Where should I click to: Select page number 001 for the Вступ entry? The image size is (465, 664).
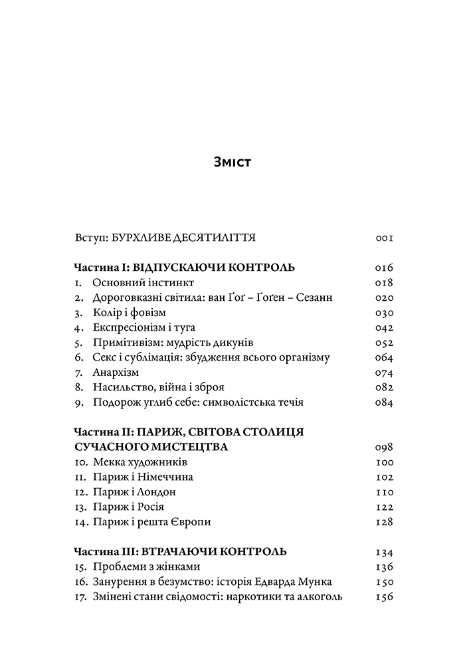pos(384,237)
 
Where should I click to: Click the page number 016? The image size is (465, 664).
pos(384,268)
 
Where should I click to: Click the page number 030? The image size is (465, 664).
pos(384,313)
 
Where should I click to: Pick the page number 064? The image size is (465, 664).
pos(384,358)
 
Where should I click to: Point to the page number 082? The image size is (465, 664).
pos(384,388)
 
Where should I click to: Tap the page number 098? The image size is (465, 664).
pos(384,448)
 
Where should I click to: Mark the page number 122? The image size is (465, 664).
pos(384,507)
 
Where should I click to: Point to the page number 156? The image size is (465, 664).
pos(384,597)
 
